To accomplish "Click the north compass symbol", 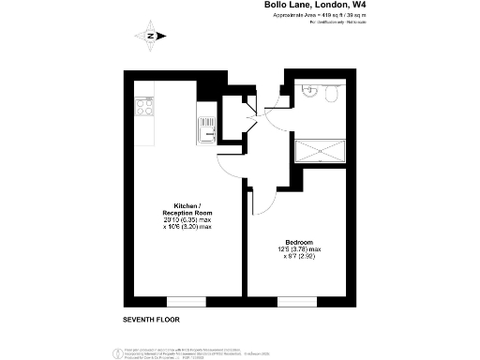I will (x=151, y=37).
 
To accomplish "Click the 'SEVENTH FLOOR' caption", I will (x=151, y=320).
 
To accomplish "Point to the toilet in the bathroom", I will (x=332, y=91).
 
